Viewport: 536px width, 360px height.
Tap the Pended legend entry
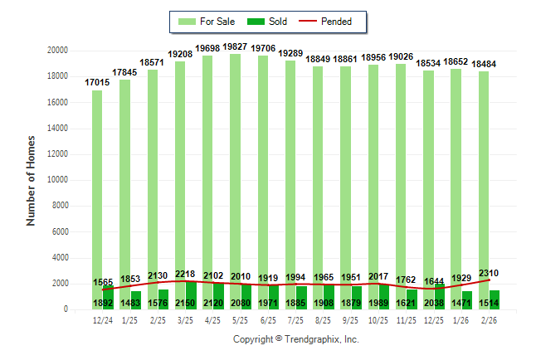[x=325, y=21]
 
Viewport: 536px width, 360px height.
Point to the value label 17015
[x=98, y=83]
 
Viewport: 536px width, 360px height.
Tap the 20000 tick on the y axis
[x=56, y=51]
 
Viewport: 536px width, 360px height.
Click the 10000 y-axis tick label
[x=56, y=180]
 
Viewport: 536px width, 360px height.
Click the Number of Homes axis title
[x=32, y=180]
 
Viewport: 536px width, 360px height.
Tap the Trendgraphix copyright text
[x=295, y=339]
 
